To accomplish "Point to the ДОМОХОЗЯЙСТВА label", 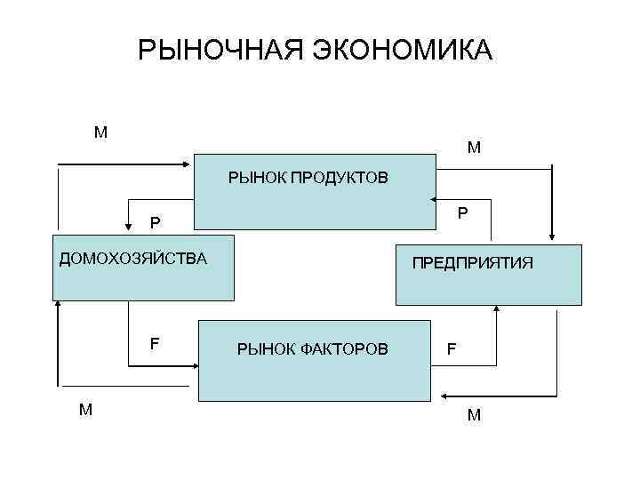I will pyautogui.click(x=132, y=260).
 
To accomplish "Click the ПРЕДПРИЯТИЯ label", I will pyautogui.click(x=471, y=262).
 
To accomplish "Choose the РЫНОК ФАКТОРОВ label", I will pyautogui.click(x=312, y=349).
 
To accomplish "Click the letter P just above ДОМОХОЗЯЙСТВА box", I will pyautogui.click(x=156, y=222).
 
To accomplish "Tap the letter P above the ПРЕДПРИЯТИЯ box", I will pyautogui.click(x=462, y=213).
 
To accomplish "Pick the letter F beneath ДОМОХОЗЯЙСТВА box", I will pyautogui.click(x=155, y=342).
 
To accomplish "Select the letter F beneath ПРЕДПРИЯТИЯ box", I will pyautogui.click(x=452, y=349).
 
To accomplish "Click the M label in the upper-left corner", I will pyautogui.click(x=100, y=133).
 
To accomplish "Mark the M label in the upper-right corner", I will pyautogui.click(x=474, y=148).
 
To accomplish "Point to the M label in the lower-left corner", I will pyautogui.click(x=85, y=410).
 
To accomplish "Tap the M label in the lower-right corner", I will pyautogui.click(x=474, y=414).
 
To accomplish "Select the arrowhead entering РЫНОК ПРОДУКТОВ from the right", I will pyautogui.click(x=431, y=199).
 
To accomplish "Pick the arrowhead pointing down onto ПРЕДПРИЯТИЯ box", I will pyautogui.click(x=553, y=236).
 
